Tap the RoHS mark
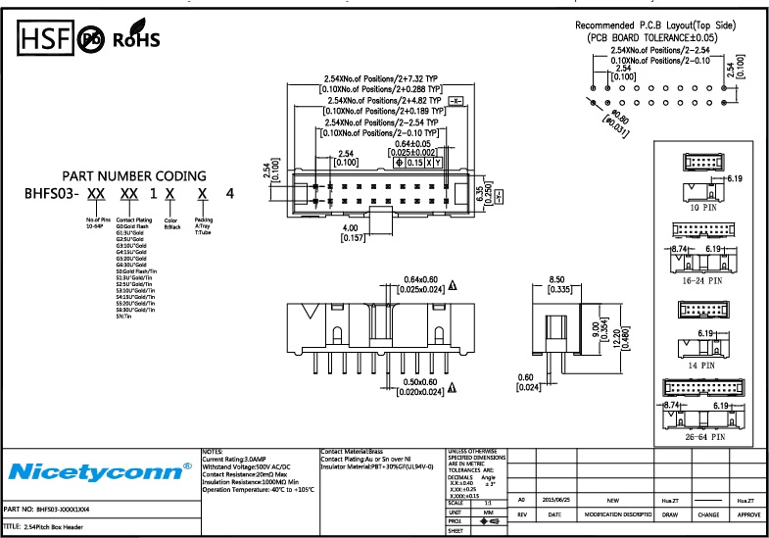coord(136,41)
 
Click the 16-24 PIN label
coord(702,279)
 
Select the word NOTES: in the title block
coord(213,452)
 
